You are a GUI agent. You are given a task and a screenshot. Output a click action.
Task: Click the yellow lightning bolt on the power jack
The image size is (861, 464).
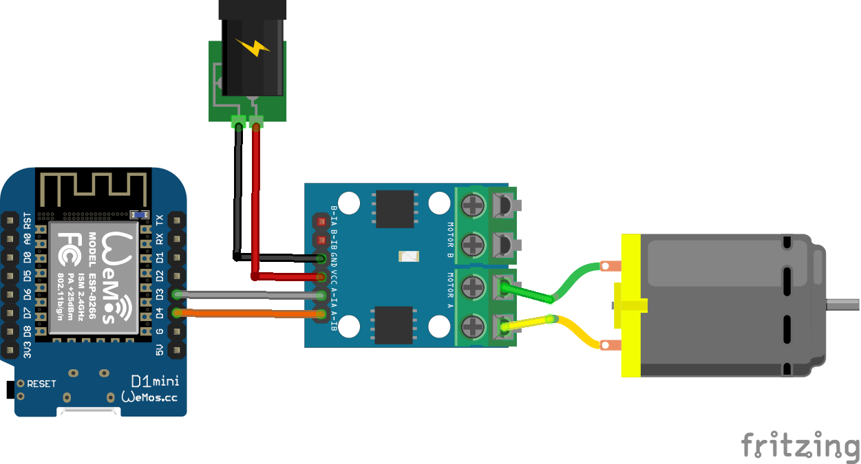click(x=253, y=47)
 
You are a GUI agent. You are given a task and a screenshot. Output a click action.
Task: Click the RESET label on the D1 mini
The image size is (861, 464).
click(x=41, y=384)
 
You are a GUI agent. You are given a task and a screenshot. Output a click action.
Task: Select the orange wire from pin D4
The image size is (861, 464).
click(x=248, y=314)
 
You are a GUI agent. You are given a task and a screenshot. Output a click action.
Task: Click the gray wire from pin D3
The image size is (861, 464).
click(x=248, y=295)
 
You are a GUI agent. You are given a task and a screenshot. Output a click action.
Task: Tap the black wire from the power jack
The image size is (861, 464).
click(x=238, y=192)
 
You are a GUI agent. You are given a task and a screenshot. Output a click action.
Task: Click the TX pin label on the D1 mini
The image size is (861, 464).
click(x=160, y=220)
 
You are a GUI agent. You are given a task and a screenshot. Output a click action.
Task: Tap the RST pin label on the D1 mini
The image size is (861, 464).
click(x=28, y=221)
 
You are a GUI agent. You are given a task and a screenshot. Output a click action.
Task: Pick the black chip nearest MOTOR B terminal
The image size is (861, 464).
click(x=394, y=209)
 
